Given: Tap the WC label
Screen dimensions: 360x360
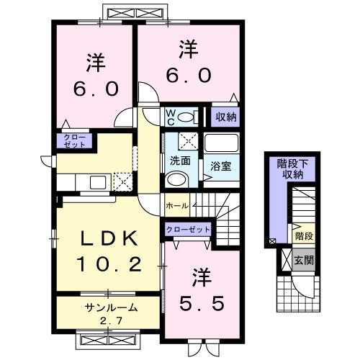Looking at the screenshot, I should [x=172, y=117].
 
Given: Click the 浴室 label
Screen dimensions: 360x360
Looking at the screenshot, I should [x=220, y=166].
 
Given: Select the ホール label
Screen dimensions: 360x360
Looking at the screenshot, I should [x=176, y=206].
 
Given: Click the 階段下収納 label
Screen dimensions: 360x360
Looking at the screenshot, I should [x=290, y=168].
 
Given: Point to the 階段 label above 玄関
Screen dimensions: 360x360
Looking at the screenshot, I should [x=302, y=235].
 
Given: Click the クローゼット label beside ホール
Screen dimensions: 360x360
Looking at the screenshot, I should [x=189, y=230].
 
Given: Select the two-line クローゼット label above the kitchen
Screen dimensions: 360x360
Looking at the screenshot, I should [x=73, y=141].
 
